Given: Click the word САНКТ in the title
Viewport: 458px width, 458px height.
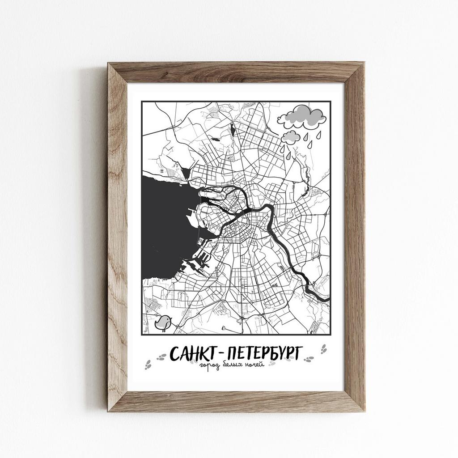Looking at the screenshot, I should coord(193,353).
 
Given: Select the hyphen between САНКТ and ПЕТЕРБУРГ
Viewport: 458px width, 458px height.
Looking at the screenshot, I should coord(222,354).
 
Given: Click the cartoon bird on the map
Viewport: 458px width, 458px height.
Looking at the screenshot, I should coord(163,322).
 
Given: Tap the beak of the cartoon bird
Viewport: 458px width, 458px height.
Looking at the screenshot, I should coord(170,319).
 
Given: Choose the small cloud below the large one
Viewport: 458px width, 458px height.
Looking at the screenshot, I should coord(291,136).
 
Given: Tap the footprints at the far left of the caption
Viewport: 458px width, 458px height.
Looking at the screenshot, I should coord(148,365).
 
